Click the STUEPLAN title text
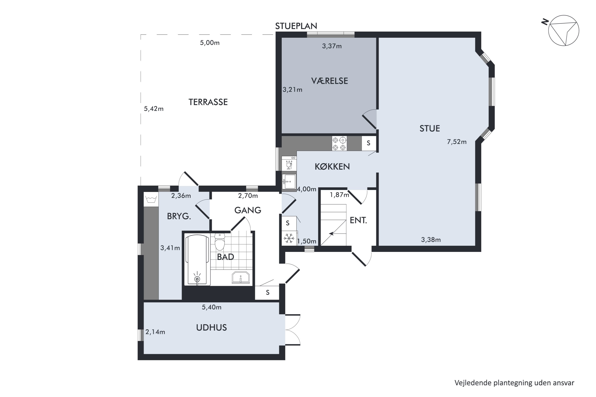click(296, 26)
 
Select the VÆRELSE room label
click(329, 81)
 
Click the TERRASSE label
click(208, 102)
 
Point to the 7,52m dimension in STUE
click(457, 142)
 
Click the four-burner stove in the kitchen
click(339, 144)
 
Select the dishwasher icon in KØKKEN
click(289, 164)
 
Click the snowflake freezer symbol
click(289, 238)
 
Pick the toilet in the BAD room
click(220, 242)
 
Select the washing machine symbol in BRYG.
click(151, 199)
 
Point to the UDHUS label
click(211, 328)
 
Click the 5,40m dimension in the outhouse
click(212, 307)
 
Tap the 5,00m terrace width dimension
click(210, 43)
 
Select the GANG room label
click(248, 210)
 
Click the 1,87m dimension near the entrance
click(339, 195)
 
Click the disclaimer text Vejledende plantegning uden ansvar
click(514, 383)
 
